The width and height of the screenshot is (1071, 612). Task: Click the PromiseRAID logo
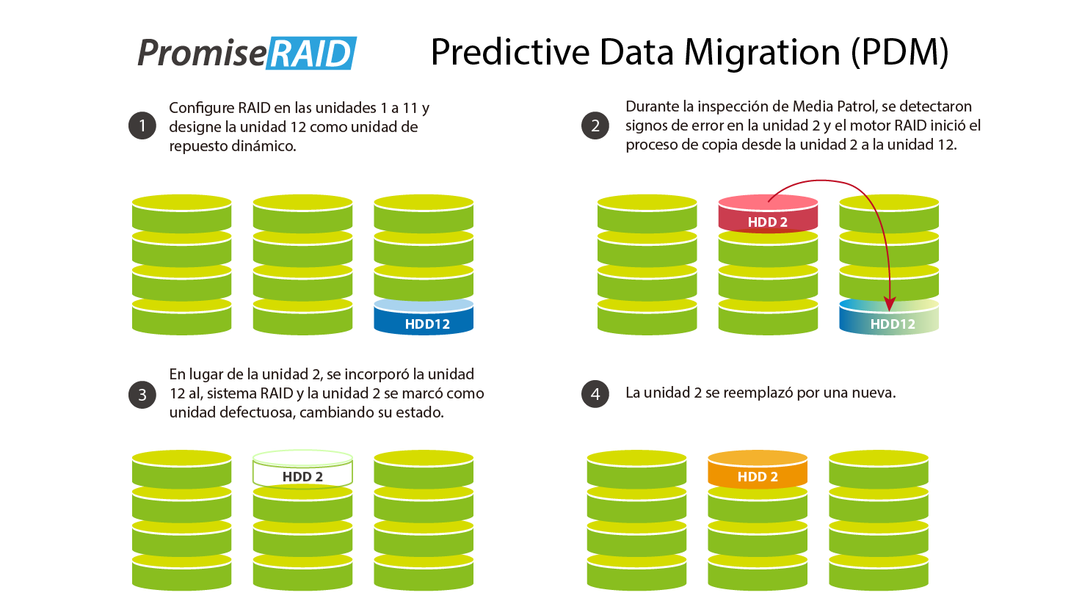coord(247,53)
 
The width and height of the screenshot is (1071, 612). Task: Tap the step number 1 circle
coord(142,126)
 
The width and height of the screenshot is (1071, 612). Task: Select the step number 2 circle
coord(595,126)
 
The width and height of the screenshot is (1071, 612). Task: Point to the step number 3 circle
coord(142,395)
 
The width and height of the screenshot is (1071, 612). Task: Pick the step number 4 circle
coord(595,394)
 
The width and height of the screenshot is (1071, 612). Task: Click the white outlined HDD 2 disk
coord(302,471)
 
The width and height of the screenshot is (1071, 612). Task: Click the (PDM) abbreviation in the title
coord(900,53)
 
